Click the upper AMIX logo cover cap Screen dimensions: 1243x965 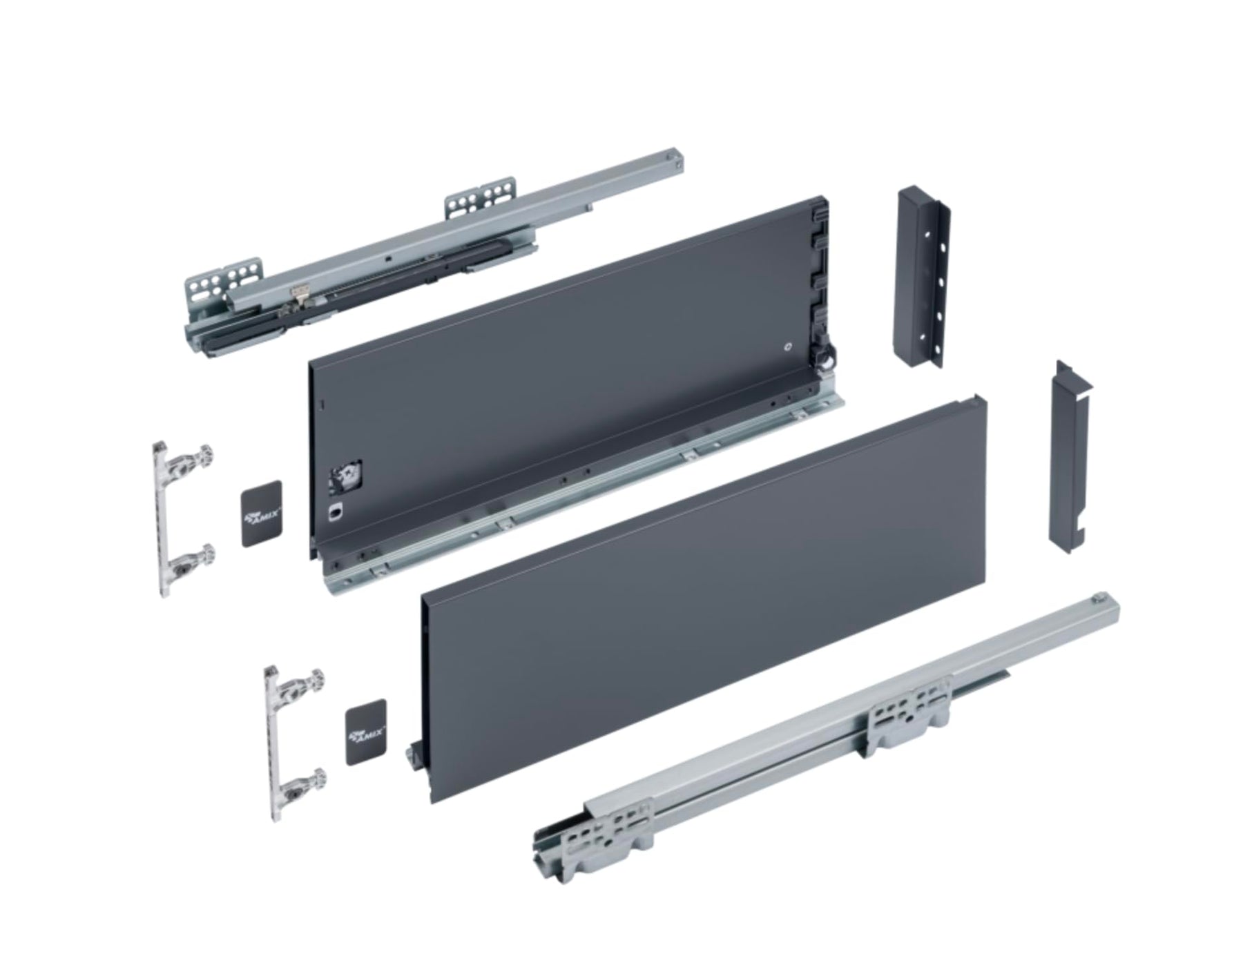262,514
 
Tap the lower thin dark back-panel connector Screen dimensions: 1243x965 1071,458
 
